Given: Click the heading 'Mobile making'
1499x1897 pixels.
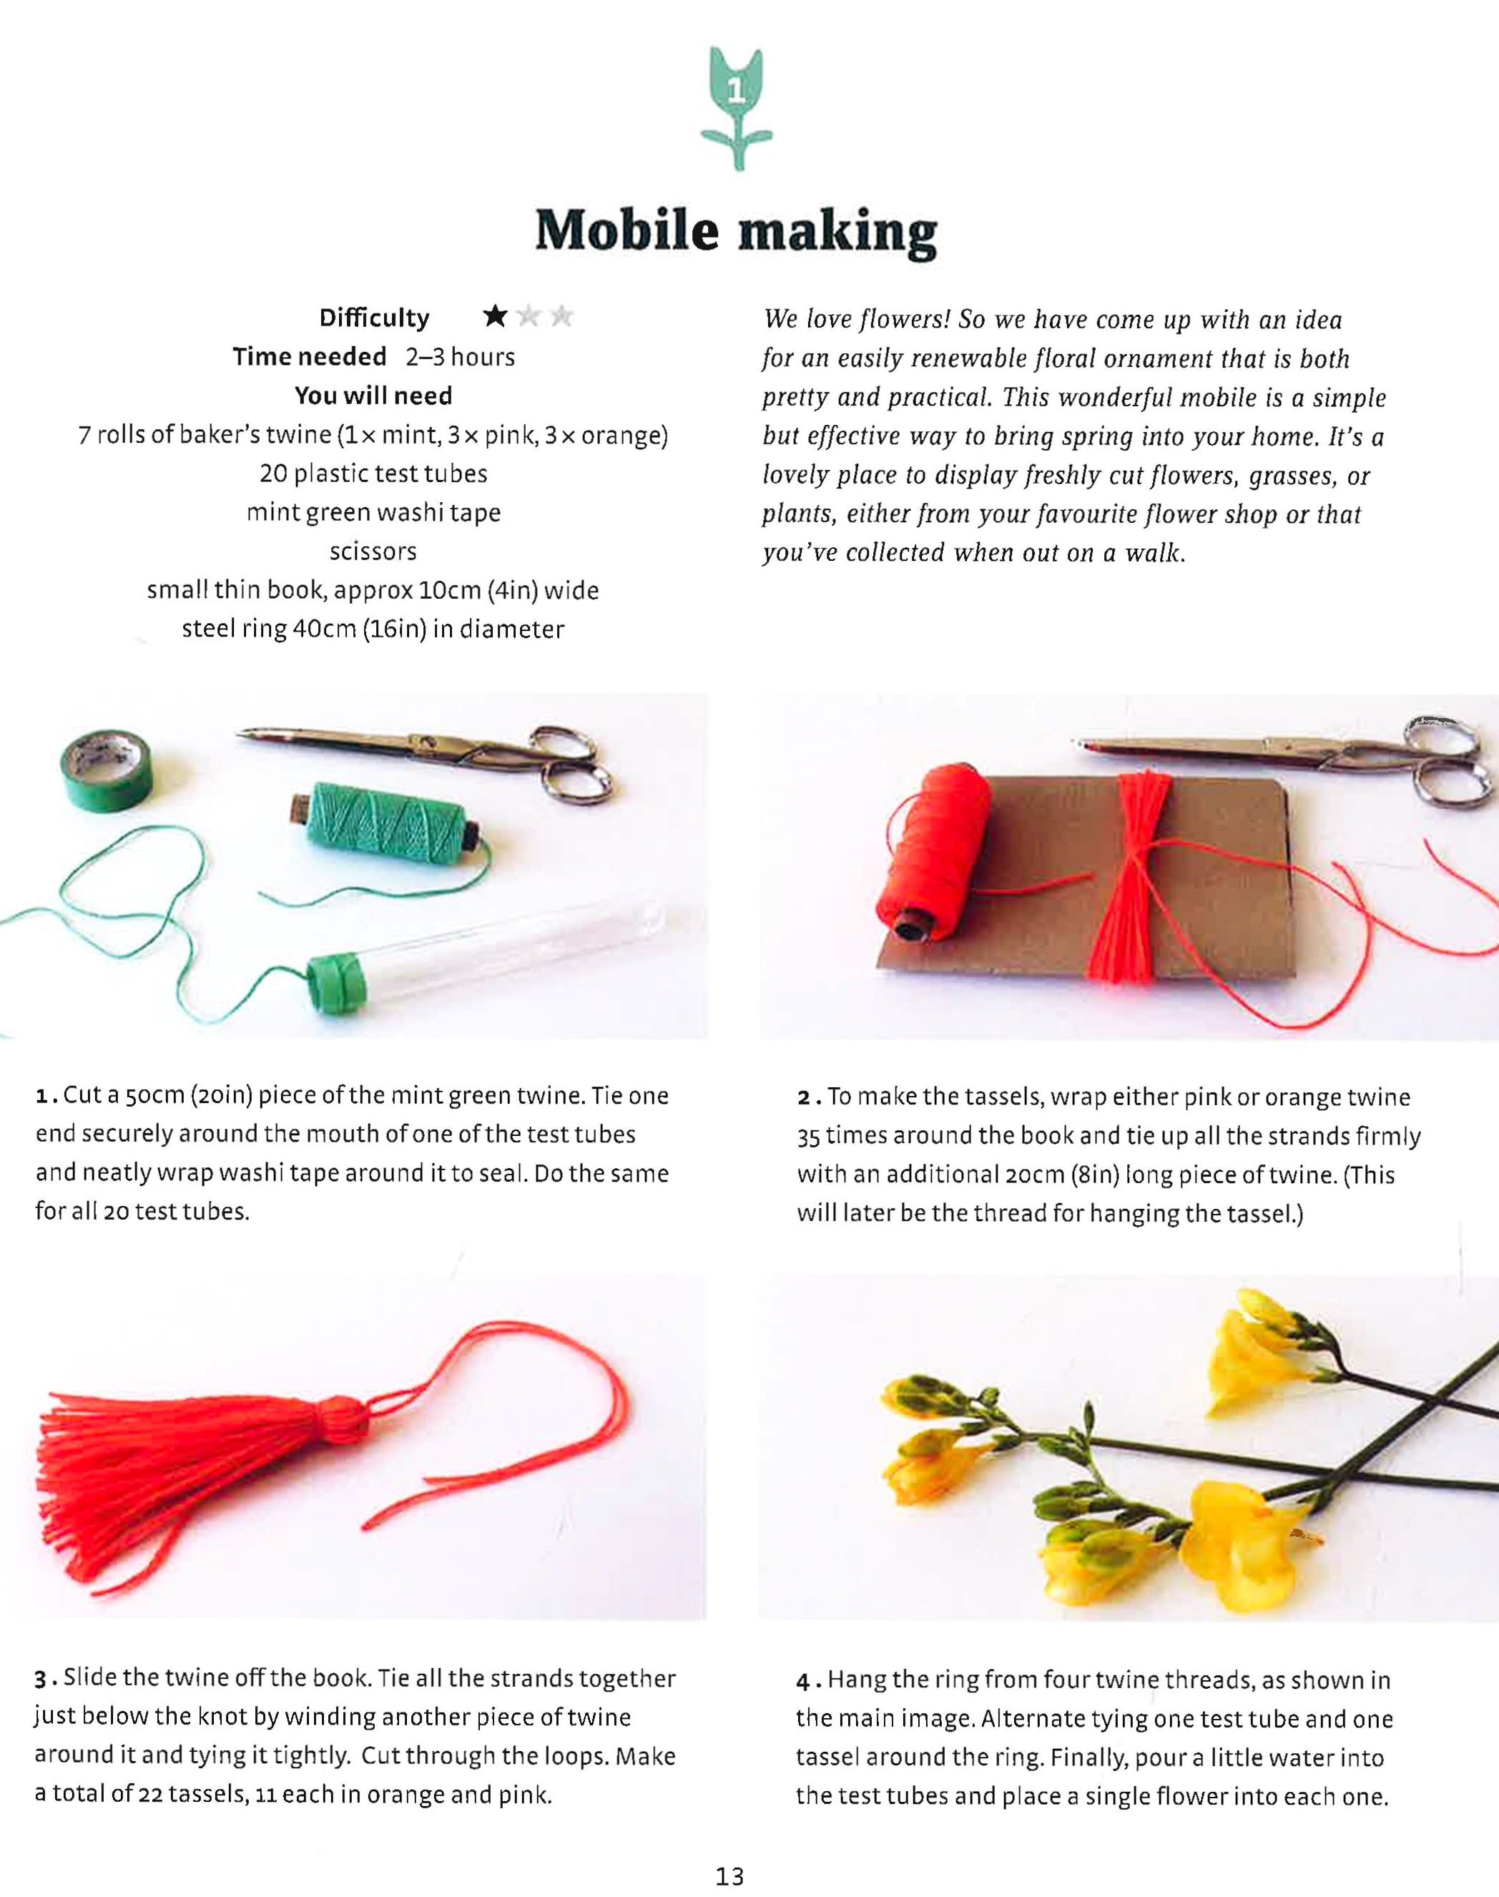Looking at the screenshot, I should (x=735, y=232).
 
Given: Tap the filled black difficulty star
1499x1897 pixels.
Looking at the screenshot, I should (x=496, y=316).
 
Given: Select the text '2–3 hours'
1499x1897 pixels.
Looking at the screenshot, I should (x=460, y=357).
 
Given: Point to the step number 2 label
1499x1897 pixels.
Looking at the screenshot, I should (x=803, y=1098).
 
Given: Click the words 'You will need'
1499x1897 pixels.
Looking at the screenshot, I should (x=373, y=396).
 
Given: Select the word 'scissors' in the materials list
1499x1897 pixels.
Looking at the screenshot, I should (x=373, y=552).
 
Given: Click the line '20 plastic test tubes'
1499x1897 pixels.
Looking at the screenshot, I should (x=373, y=474).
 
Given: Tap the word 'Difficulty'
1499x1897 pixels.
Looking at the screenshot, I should (x=374, y=318).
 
